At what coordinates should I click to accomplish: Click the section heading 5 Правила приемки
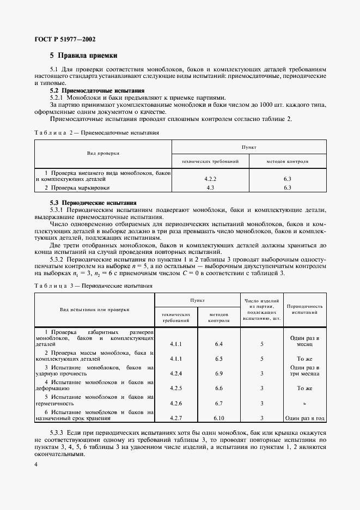tap(83, 56)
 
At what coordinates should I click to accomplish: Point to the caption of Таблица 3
tap(93, 285)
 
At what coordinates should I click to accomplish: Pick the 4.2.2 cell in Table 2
tap(209, 178)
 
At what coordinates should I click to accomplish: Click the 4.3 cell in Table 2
tap(209, 188)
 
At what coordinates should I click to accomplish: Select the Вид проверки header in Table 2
tap(103, 154)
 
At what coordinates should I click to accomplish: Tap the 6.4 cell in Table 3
tap(219, 344)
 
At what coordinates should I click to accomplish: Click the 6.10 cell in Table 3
tap(219, 418)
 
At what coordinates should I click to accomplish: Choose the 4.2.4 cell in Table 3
tap(175, 373)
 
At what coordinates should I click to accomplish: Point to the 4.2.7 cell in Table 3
tap(175, 418)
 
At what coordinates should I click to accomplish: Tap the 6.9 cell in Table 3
tap(219, 373)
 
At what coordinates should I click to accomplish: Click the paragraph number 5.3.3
tap(58, 432)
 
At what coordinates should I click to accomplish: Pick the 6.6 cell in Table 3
tap(219, 388)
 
